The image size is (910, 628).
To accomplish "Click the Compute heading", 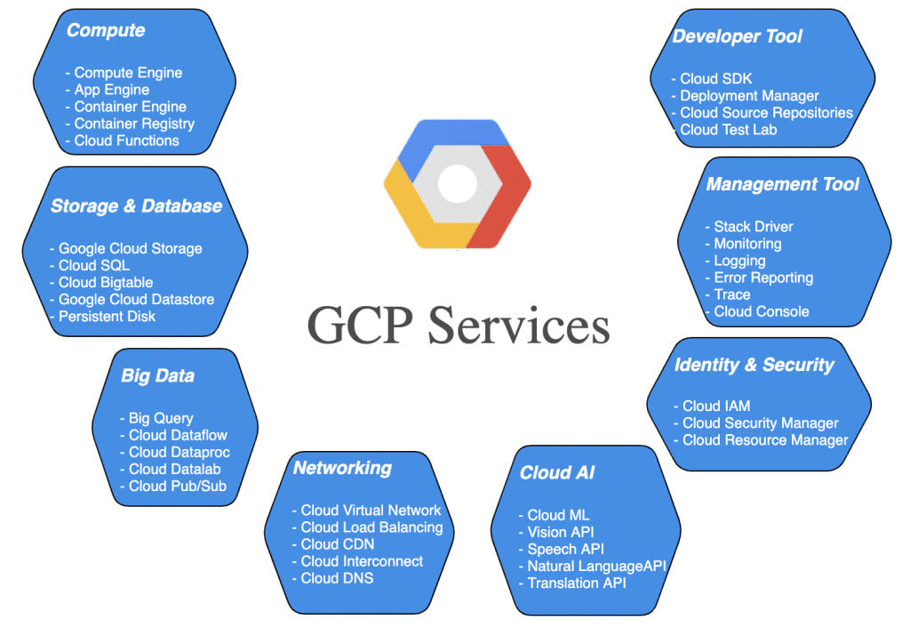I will click(106, 30).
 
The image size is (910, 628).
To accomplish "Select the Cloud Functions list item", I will click(126, 141).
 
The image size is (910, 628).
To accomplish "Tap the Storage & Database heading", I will click(136, 206).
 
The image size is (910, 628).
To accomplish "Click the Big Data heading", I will click(157, 375).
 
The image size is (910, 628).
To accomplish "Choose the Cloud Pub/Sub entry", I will click(177, 486).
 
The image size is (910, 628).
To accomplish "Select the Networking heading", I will click(342, 468).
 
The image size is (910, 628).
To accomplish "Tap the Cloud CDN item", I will click(338, 544).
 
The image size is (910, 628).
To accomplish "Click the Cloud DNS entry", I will click(338, 578).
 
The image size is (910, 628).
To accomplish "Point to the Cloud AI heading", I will click(557, 473).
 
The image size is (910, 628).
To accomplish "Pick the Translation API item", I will click(577, 584).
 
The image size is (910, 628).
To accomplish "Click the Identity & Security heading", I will click(754, 365).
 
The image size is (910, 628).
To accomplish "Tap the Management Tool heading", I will click(783, 185).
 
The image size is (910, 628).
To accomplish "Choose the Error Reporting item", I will click(764, 278).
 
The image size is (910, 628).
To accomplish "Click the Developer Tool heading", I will click(737, 36).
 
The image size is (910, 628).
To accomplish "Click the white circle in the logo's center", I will click(458, 184).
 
